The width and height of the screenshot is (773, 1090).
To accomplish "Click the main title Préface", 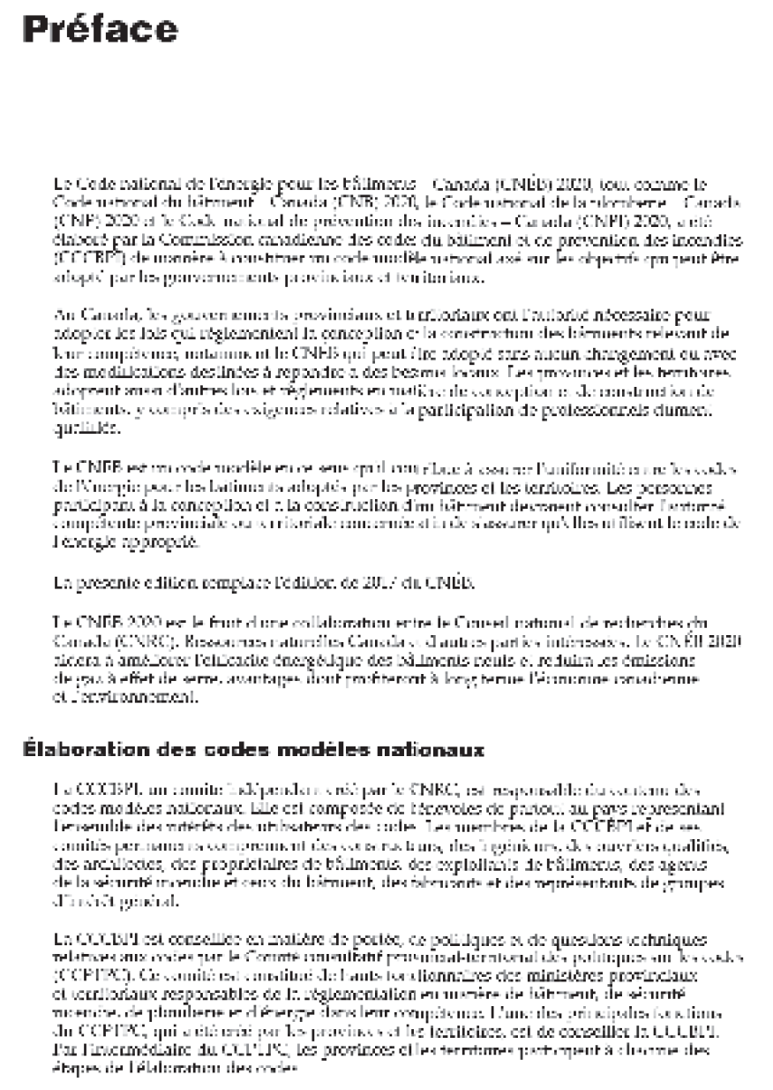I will pyautogui.click(x=100, y=29).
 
